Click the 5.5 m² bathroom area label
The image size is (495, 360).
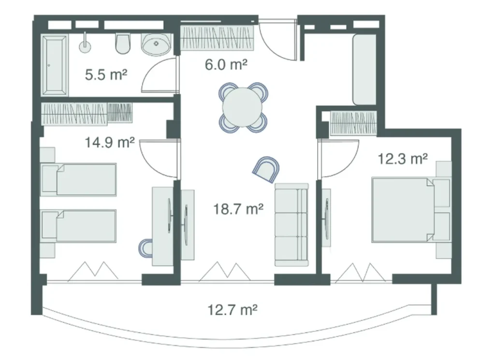[x=106, y=75]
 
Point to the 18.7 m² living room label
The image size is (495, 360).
[x=238, y=209]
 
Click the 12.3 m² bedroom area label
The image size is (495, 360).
[x=403, y=159]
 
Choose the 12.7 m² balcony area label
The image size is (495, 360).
[x=232, y=309]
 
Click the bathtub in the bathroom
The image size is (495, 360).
[x=53, y=64]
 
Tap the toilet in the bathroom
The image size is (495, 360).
[x=123, y=44]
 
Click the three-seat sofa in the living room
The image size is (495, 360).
[x=291, y=225]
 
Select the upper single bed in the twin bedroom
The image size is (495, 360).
[x=79, y=180]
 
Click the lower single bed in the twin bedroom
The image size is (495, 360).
[x=79, y=225]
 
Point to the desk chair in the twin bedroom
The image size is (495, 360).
[x=146, y=248]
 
